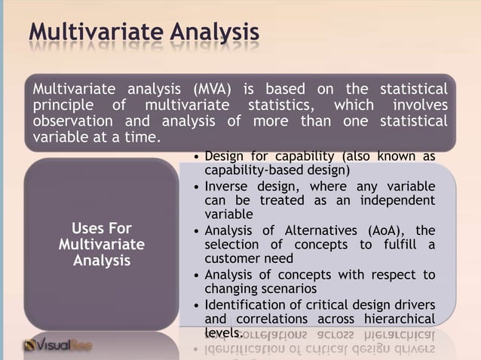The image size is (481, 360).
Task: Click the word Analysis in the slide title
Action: click(x=214, y=33)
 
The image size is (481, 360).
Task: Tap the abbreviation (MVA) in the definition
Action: click(x=216, y=90)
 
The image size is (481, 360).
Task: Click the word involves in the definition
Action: click(x=418, y=105)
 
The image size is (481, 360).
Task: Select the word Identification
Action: click(x=250, y=304)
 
